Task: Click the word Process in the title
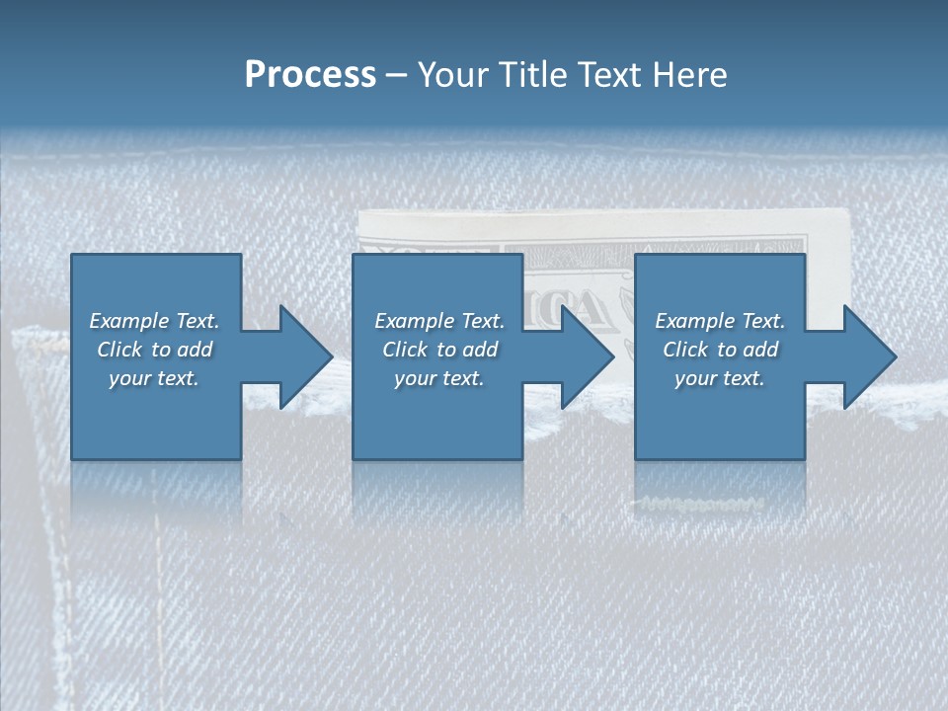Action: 310,75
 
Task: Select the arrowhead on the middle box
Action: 587,356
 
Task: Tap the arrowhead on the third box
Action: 869,356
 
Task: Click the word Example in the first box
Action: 128,321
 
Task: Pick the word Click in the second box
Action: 404,350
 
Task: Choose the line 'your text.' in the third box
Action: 720,378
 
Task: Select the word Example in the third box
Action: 694,321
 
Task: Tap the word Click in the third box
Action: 684,350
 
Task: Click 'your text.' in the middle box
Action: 438,378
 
